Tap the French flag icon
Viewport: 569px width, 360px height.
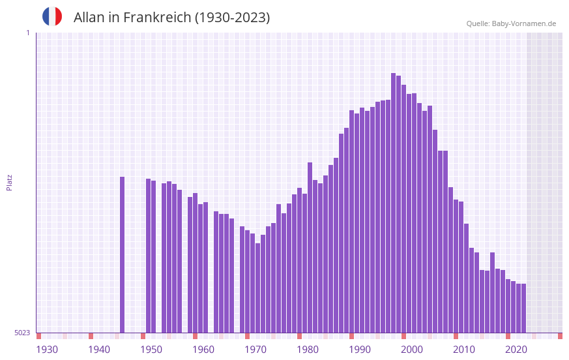point(52,16)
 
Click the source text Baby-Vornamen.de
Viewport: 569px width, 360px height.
point(523,23)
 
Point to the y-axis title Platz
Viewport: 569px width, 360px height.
point(9,182)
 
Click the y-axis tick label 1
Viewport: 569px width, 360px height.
point(27,33)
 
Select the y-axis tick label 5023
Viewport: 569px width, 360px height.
point(22,333)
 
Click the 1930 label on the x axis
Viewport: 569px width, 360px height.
point(47,350)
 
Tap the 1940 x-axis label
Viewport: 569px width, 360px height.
point(99,350)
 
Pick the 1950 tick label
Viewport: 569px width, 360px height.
point(151,350)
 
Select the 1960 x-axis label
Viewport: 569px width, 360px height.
point(203,350)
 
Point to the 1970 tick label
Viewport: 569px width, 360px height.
point(255,350)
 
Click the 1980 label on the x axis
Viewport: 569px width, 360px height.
point(308,350)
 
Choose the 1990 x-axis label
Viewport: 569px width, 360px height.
point(360,350)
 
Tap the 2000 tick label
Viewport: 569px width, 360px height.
point(412,350)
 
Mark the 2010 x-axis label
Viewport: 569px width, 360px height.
point(464,350)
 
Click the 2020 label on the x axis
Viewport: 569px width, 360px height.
point(516,350)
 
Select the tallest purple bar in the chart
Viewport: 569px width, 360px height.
point(393,202)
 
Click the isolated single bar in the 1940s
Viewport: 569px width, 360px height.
point(122,254)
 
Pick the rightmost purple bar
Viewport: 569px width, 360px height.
point(523,308)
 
